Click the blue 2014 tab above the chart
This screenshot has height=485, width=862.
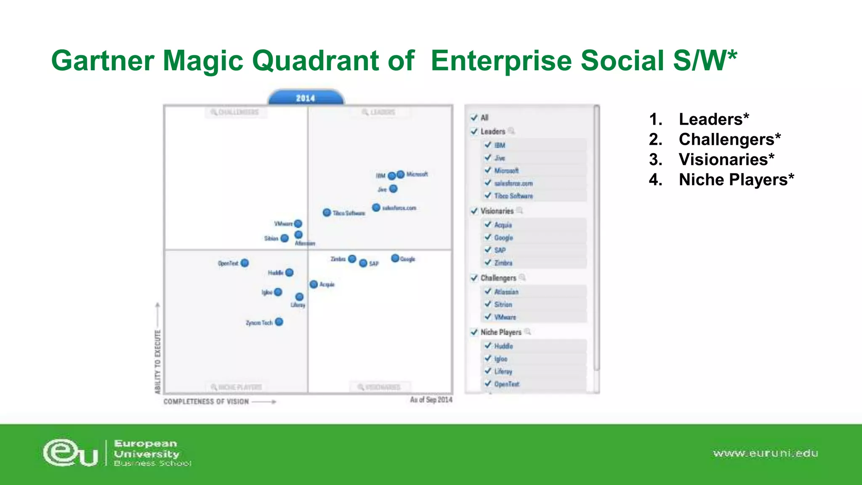(x=306, y=98)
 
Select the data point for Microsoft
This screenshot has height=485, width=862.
(x=400, y=174)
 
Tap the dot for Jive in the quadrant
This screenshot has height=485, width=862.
(x=393, y=189)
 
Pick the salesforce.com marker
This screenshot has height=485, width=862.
(x=376, y=208)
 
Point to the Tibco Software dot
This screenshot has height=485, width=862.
(x=327, y=213)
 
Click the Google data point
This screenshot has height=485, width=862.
(x=395, y=258)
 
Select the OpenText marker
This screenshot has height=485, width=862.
(x=245, y=263)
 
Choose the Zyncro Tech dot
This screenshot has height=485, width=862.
(x=279, y=322)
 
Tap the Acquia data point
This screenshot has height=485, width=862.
(x=314, y=285)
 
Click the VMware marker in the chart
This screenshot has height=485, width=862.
(x=298, y=224)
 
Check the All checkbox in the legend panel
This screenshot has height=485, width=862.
(x=474, y=117)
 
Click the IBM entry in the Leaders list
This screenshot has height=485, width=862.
(x=500, y=145)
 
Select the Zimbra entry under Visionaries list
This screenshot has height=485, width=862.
(x=503, y=263)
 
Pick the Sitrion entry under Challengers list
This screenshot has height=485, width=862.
(x=503, y=304)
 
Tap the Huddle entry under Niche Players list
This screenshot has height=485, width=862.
(x=503, y=346)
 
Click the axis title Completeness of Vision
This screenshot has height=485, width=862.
(x=206, y=402)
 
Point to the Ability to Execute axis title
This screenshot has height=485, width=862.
(x=158, y=362)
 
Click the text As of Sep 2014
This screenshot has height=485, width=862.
(x=431, y=400)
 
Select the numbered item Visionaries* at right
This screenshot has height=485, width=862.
(x=726, y=160)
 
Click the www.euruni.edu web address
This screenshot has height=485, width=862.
(x=765, y=453)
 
